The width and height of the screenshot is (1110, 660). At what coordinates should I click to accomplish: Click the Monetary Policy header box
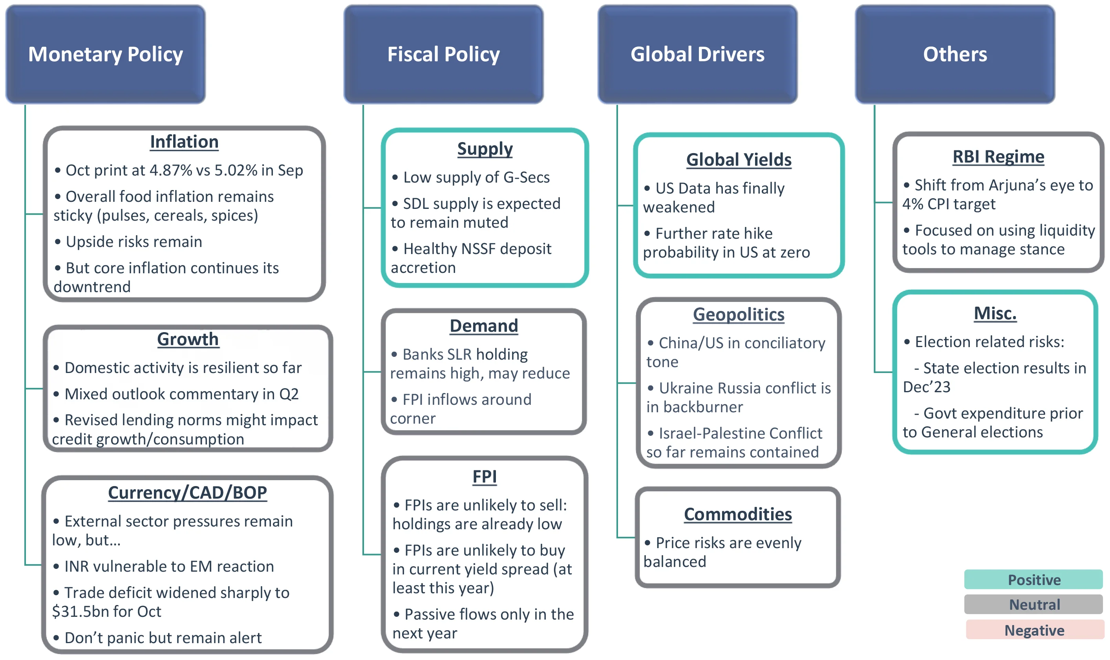105,54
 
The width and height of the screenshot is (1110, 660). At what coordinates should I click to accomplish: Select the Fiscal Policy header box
443,54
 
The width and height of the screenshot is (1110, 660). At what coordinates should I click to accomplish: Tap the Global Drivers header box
697,54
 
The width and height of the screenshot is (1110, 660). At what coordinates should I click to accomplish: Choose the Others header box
955,54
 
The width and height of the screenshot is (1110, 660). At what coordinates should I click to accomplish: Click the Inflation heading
184,142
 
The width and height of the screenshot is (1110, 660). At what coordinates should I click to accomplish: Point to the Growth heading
188,339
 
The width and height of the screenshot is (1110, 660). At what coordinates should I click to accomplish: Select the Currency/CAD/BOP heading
187,493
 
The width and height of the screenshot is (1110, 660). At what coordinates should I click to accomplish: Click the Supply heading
485,149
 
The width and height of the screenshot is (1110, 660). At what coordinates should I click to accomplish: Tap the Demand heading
484,326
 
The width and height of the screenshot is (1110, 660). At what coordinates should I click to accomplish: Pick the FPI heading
484,477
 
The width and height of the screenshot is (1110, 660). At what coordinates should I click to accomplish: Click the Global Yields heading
739,160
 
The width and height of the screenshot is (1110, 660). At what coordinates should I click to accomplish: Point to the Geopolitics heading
738,315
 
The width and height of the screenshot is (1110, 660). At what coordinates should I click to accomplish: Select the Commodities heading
738,515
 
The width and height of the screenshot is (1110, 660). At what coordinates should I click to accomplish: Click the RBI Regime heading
998,157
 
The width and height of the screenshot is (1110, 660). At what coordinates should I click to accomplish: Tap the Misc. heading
995,314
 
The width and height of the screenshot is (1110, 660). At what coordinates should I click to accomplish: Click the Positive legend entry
1033,580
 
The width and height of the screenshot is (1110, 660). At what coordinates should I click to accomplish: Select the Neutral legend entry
1033,605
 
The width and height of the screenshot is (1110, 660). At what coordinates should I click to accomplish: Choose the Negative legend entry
1034,630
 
